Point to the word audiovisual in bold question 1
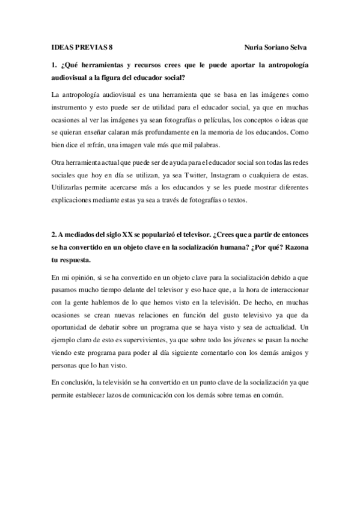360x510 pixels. tap(74, 78)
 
